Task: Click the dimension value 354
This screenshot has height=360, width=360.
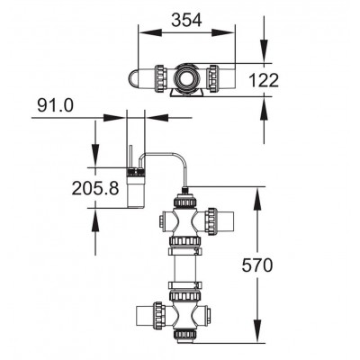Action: point(186,21)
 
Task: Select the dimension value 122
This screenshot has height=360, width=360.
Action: point(264,80)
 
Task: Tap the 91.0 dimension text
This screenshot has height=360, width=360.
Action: point(55,105)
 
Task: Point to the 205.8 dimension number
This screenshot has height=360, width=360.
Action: point(95,189)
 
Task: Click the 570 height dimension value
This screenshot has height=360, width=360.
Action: point(257,265)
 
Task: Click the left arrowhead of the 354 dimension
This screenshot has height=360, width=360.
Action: point(151,32)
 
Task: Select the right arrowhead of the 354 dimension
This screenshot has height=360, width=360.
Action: point(222,32)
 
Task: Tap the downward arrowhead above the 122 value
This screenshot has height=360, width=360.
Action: point(264,50)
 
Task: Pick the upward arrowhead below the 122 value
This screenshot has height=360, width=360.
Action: point(264,110)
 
